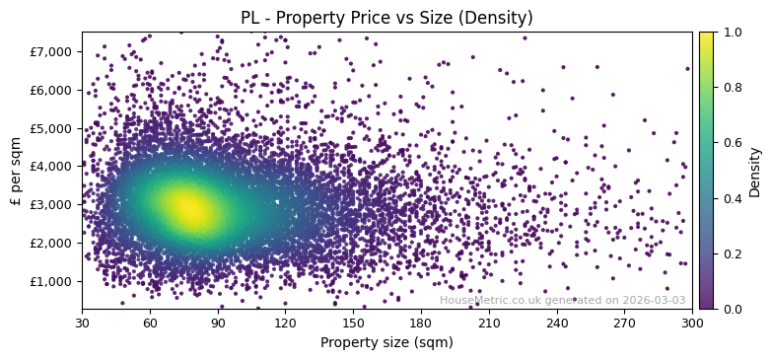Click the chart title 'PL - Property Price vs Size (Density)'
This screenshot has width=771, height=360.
(386, 18)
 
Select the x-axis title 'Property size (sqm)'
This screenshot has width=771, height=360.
(386, 342)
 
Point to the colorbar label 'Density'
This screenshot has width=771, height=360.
(754, 171)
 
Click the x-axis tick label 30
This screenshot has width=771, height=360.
(82, 323)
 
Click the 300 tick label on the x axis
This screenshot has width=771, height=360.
(692, 323)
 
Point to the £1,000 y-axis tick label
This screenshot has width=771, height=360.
(53, 281)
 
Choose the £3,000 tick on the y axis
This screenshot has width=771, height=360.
(53, 204)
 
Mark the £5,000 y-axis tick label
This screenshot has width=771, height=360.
(53, 128)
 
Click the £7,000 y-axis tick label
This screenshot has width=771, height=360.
(53, 51)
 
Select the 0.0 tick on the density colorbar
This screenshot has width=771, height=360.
(730, 309)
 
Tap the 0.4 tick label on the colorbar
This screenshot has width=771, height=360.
(730, 198)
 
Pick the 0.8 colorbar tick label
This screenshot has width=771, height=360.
(730, 88)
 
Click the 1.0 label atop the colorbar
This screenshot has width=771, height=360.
(730, 33)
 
